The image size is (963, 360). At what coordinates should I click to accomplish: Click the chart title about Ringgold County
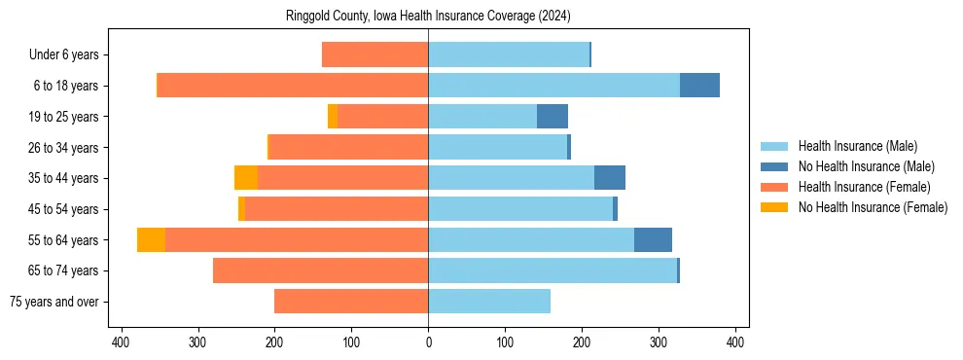coord(428,17)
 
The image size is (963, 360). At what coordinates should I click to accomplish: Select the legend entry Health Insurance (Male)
coord(857,146)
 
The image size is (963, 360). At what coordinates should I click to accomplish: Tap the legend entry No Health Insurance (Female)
coord(873,207)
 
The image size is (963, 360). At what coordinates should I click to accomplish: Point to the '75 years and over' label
coord(54,302)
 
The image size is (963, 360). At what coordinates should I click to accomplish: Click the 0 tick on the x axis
coord(428,342)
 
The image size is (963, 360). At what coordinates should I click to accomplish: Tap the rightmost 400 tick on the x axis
coord(735,342)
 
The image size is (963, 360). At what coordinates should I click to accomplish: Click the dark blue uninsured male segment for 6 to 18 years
coord(699,86)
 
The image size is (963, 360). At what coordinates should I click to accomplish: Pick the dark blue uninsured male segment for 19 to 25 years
coord(552,117)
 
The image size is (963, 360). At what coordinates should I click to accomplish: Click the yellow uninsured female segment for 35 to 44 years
coord(246,178)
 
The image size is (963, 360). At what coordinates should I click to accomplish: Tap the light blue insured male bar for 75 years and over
coord(489,302)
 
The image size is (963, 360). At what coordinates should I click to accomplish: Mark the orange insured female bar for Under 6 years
coord(375,54)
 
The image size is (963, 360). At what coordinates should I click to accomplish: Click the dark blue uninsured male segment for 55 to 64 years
coord(653,239)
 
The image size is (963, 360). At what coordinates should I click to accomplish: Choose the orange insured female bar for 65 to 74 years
coord(321,270)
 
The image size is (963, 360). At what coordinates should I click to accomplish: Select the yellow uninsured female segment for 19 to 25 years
coord(333,117)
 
